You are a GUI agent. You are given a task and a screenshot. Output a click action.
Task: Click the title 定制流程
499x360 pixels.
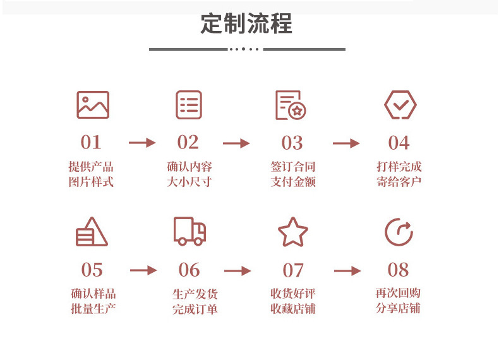(x=246, y=23)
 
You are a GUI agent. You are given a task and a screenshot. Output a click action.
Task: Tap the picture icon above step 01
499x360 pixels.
(x=93, y=105)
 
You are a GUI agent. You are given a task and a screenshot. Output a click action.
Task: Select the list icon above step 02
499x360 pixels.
(x=189, y=105)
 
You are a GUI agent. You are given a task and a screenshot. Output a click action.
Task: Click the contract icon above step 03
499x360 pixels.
(x=291, y=105)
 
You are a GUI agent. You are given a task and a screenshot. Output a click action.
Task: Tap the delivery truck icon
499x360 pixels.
(x=189, y=231)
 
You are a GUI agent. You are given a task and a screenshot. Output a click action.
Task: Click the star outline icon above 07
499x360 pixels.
(x=293, y=232)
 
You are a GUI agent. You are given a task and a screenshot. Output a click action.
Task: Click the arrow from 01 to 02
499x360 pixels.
(x=142, y=143)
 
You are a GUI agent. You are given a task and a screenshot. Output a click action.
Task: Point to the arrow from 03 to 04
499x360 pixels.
(x=346, y=143)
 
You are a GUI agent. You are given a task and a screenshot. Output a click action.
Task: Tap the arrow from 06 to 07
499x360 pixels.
(x=237, y=271)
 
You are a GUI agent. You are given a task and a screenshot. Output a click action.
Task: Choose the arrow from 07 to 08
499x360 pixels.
(x=347, y=271)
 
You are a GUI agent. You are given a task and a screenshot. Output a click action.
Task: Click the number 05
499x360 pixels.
(x=92, y=270)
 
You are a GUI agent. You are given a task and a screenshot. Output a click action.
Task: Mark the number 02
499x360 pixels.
(x=188, y=142)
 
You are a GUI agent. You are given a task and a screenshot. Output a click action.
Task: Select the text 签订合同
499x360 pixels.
(x=293, y=167)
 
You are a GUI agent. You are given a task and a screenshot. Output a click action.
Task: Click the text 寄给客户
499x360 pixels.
(x=399, y=182)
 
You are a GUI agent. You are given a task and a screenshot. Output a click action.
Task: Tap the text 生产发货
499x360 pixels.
(x=195, y=294)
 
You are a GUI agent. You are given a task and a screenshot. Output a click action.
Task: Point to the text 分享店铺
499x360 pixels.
(x=398, y=308)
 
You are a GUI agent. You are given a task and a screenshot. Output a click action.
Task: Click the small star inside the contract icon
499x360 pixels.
(x=298, y=111)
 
